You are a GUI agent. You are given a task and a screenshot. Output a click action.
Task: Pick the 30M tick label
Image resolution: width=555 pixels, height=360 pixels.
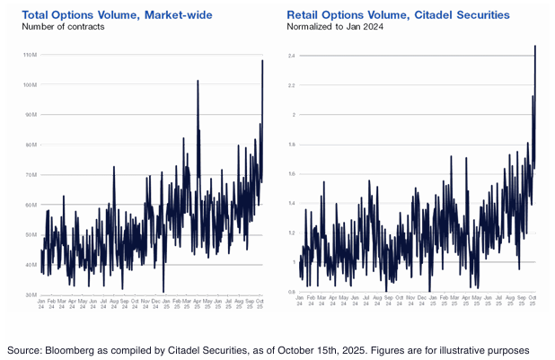click(x=30, y=294)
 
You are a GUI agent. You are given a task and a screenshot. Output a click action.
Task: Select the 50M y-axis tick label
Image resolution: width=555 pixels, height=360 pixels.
click(x=30, y=234)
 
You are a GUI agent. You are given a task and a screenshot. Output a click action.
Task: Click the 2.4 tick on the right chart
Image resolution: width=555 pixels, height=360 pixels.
click(x=292, y=56)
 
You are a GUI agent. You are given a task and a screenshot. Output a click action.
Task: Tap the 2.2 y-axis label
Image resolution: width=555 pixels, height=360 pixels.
click(x=292, y=85)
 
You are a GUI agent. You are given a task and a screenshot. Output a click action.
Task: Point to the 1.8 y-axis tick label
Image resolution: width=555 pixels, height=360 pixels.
click(x=292, y=145)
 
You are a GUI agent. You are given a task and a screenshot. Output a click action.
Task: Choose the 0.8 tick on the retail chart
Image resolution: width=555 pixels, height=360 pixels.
click(x=292, y=292)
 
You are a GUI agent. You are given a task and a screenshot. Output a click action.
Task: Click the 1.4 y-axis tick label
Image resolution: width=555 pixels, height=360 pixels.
click(x=292, y=204)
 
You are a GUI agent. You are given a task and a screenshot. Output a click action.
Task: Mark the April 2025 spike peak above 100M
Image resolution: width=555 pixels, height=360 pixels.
click(x=198, y=82)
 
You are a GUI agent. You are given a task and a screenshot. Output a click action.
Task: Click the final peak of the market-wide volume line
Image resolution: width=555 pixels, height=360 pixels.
click(x=262, y=61)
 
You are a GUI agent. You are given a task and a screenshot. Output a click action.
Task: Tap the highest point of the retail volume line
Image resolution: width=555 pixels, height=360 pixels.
click(x=535, y=46)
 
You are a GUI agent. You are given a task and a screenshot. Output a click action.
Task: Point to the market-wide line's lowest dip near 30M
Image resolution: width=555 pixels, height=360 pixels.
click(x=163, y=292)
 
